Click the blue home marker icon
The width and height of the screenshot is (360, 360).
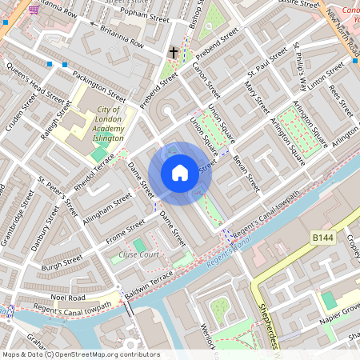coord(180,172)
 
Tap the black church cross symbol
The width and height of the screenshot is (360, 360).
coord(174,54)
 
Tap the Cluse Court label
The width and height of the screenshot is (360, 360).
coord(138,254)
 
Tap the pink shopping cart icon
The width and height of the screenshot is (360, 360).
coord(33,10)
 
